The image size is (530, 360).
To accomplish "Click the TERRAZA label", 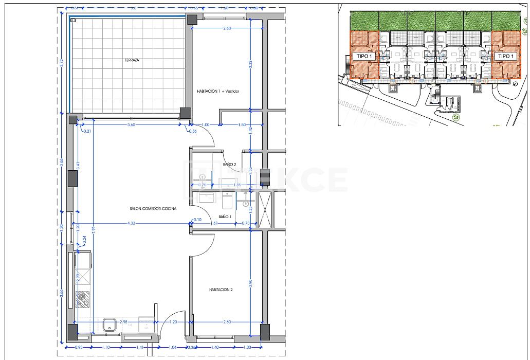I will pos(132,60).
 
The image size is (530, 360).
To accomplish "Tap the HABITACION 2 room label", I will pos(221,290).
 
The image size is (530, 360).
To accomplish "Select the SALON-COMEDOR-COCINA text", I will pos(153,208).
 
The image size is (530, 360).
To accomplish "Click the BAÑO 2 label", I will pos(229,165).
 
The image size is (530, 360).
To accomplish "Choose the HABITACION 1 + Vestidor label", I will pos(218,92).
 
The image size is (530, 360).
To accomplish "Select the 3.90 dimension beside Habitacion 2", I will pos(250,283).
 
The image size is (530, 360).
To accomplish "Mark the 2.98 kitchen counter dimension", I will pos(123,322).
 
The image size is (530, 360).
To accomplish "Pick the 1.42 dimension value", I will pos(250,130).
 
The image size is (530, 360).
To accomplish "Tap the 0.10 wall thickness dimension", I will pos(197,220).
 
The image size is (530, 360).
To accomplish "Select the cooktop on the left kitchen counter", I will pos(82,297).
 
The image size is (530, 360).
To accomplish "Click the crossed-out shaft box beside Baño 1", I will pos(265,208).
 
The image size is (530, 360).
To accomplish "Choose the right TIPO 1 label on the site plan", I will pos(506,56).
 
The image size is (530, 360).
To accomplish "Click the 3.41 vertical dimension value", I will pos(78,166).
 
